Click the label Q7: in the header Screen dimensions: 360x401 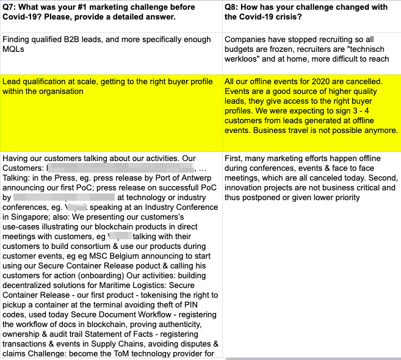[x=11, y=7]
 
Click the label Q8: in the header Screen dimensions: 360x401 [x=233, y=7]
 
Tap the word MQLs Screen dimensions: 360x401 [x=13, y=49]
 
